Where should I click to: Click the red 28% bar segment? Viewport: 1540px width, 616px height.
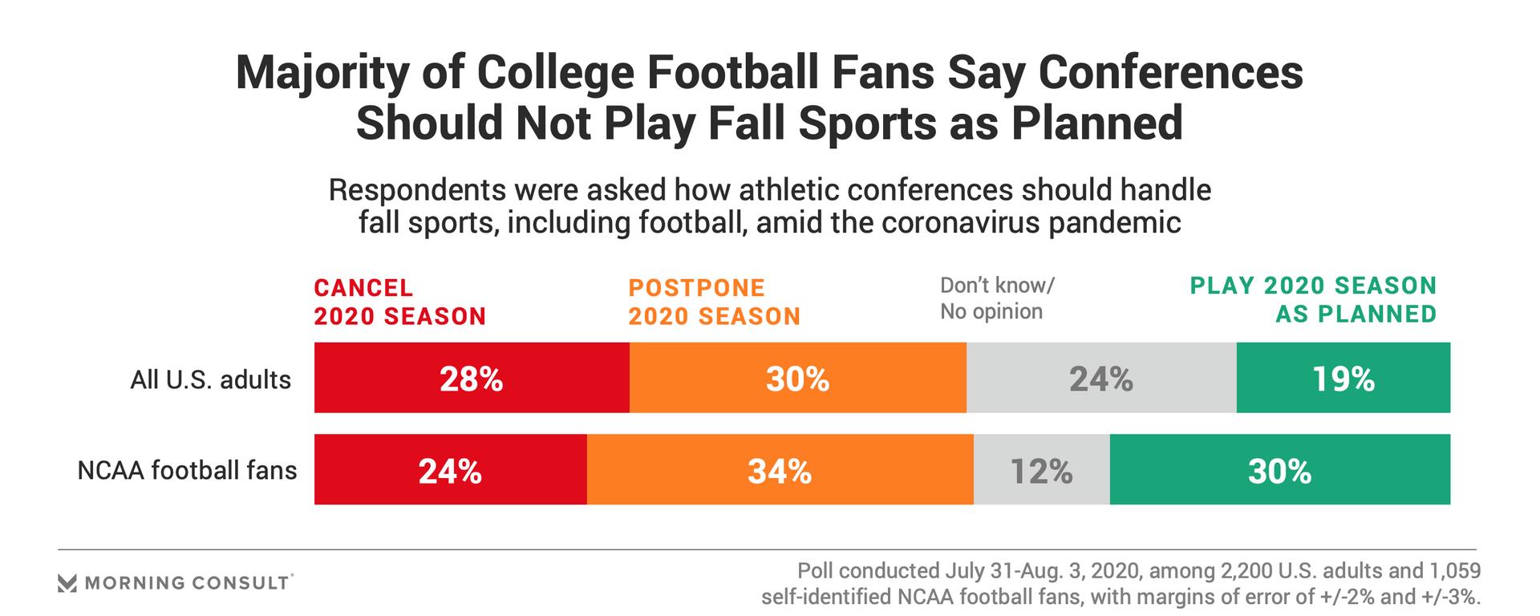(472, 378)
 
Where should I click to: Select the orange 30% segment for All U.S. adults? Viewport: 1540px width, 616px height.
(797, 378)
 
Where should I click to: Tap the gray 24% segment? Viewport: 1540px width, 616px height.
(1100, 378)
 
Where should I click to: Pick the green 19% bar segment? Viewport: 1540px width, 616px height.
(1343, 378)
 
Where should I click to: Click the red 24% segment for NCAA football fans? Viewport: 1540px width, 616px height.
(450, 470)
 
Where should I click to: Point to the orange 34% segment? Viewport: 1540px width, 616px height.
(780, 470)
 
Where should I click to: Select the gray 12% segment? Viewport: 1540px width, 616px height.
(1041, 470)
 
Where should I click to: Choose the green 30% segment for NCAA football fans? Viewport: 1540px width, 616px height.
(1279, 470)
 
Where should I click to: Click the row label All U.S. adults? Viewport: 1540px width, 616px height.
(210, 379)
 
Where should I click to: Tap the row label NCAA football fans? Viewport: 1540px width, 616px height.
(187, 470)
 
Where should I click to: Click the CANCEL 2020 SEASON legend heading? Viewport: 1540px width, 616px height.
(399, 302)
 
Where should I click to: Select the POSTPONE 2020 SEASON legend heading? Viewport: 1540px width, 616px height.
(714, 302)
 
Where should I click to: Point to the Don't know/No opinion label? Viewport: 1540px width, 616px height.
(997, 298)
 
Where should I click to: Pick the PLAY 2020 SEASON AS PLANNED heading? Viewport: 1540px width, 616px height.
(1313, 300)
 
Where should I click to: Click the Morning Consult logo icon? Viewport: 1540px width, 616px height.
(67, 583)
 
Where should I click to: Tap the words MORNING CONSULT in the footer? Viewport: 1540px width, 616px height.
(187, 583)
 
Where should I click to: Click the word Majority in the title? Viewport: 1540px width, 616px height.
(322, 73)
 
